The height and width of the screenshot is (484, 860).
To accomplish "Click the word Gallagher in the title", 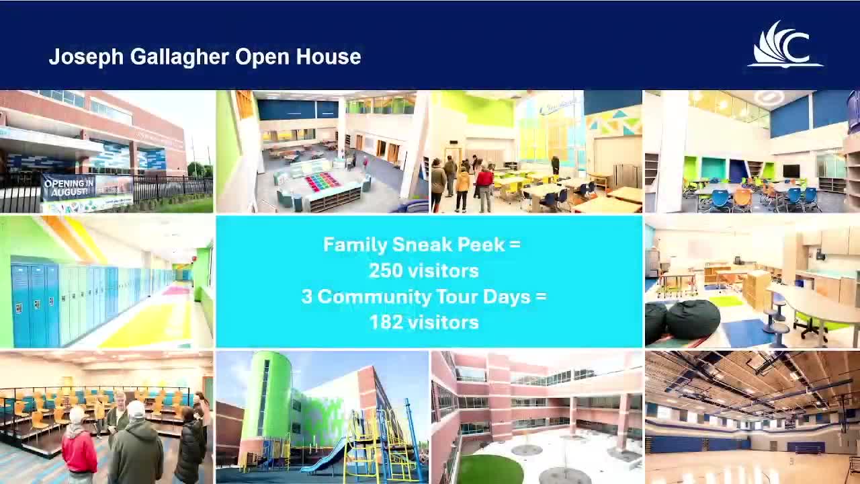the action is click(179, 57).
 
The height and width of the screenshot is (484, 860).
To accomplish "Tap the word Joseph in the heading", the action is click(87, 57).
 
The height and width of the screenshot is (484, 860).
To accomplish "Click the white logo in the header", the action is click(785, 44).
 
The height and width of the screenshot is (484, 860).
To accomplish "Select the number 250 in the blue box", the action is click(386, 271).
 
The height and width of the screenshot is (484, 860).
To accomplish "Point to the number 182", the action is click(386, 322).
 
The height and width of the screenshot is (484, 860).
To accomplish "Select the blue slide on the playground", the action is click(322, 457).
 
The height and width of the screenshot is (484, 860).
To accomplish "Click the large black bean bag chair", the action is click(693, 319).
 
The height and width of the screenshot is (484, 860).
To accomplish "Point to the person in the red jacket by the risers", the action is click(79, 446).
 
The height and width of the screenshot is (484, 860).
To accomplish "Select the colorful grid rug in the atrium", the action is click(322, 181).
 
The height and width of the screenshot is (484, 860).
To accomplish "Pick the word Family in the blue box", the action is click(355, 245).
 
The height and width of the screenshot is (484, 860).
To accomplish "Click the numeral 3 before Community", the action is click(307, 296).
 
